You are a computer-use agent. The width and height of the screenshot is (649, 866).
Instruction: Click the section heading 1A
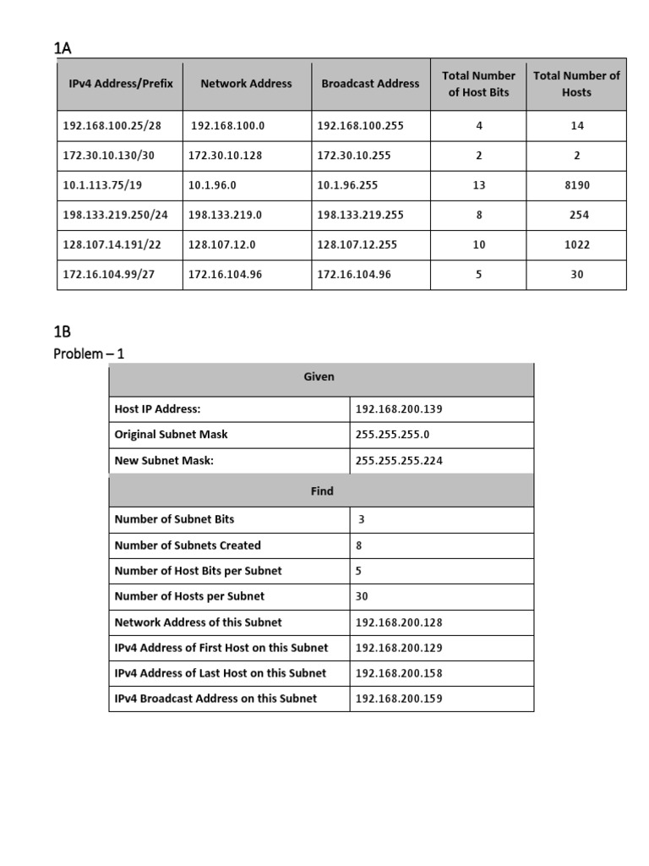pos(63,48)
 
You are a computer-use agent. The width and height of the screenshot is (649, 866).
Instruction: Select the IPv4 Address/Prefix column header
pos(120,84)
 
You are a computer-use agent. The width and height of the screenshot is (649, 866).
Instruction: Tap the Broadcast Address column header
pos(370,84)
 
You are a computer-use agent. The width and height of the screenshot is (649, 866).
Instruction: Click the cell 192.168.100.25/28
pos(112,126)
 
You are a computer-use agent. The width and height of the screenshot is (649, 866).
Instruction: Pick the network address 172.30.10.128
pos(225,156)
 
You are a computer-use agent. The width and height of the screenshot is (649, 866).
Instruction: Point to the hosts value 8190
pos(576,185)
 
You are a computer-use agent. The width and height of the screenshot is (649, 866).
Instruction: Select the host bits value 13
pos(479,185)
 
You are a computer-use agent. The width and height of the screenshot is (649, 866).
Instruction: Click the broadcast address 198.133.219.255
pos(360,215)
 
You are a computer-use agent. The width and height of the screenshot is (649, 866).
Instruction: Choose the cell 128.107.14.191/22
pos(115,244)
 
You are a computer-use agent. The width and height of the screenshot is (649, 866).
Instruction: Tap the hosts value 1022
pos(576,244)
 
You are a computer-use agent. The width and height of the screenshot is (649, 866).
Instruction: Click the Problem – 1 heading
pos(89,354)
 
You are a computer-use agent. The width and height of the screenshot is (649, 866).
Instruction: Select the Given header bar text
pos(319,377)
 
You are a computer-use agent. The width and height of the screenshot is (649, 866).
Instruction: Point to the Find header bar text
pos(322,491)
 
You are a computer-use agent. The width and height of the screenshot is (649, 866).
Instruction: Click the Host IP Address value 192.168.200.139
pos(399,409)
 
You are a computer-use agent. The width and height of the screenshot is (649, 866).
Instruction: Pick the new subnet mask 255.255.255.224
pos(399,461)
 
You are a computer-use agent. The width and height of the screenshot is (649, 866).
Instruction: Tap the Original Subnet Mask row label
pos(171,435)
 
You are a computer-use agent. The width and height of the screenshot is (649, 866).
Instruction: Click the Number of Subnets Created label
pos(187,545)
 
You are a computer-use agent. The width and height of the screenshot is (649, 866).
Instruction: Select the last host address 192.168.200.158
pos(399,673)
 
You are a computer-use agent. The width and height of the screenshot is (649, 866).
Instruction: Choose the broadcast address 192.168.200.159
pos(399,699)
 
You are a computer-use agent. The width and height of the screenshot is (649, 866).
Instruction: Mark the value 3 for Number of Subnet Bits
pos(361,519)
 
